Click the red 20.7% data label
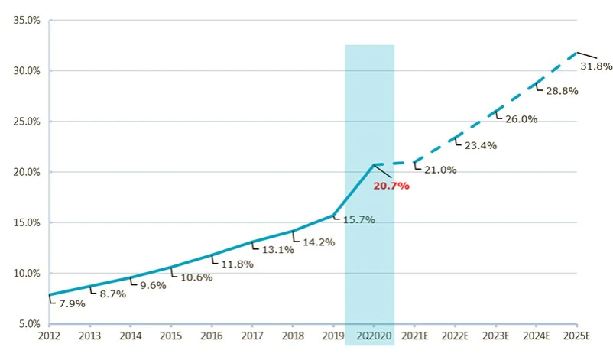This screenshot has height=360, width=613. [391, 186]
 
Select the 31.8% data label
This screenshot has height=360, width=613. [596, 66]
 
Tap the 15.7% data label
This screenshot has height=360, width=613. [354, 220]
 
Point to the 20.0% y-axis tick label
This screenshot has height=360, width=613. [27, 172]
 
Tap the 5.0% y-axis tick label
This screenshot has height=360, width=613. [28, 323]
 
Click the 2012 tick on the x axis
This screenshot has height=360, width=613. [49, 336]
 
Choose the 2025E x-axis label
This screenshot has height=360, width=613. [577, 336]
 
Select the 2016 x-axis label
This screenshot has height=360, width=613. [212, 336]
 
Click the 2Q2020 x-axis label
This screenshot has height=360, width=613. [371, 336]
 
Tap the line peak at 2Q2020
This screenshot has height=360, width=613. [373, 164]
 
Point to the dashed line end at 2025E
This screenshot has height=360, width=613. [577, 53]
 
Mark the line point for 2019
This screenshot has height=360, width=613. [333, 215]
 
